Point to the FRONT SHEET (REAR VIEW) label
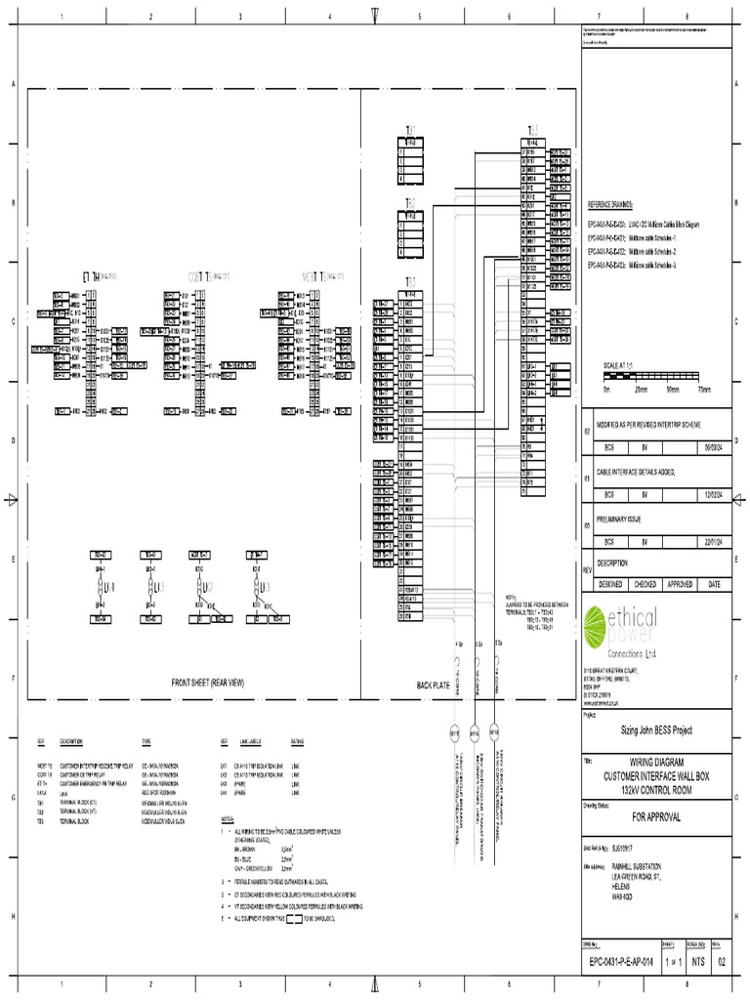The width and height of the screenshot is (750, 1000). click(x=207, y=684)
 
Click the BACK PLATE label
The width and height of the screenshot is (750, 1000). click(x=433, y=686)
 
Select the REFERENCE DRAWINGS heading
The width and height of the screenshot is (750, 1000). click(x=609, y=206)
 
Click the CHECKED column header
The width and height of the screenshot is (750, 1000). click(x=645, y=584)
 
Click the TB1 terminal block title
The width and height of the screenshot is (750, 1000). click(x=411, y=130)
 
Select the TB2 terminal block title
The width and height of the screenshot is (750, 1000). click(x=411, y=203)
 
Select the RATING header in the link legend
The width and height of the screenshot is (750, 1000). click(x=297, y=741)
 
